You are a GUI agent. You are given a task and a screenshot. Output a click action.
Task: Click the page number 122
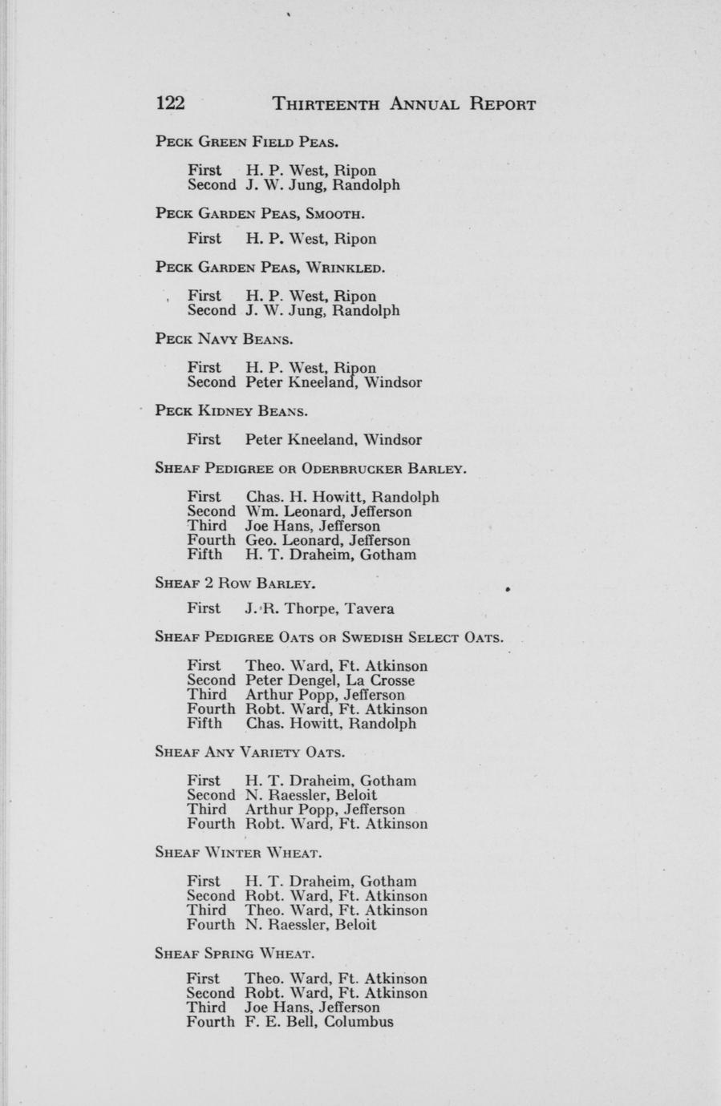(x=170, y=104)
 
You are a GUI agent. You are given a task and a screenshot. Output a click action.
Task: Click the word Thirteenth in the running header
(x=326, y=104)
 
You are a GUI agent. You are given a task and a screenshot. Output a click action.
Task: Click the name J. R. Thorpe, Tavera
(x=320, y=608)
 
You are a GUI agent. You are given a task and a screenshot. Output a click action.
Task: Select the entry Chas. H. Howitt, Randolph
(x=342, y=497)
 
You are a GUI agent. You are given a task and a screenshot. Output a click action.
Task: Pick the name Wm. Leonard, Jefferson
(x=329, y=511)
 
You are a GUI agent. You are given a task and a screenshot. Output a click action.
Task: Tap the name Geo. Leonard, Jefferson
(x=328, y=540)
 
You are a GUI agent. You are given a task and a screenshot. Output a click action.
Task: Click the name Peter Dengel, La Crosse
(x=330, y=680)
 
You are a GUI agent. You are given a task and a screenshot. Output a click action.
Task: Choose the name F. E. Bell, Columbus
(x=319, y=1022)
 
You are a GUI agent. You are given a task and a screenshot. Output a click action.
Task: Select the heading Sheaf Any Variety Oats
(x=249, y=753)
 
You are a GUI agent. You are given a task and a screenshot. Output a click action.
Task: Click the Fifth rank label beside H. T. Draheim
(x=205, y=555)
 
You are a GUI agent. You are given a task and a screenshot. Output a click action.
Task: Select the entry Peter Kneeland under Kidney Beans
(x=334, y=440)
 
